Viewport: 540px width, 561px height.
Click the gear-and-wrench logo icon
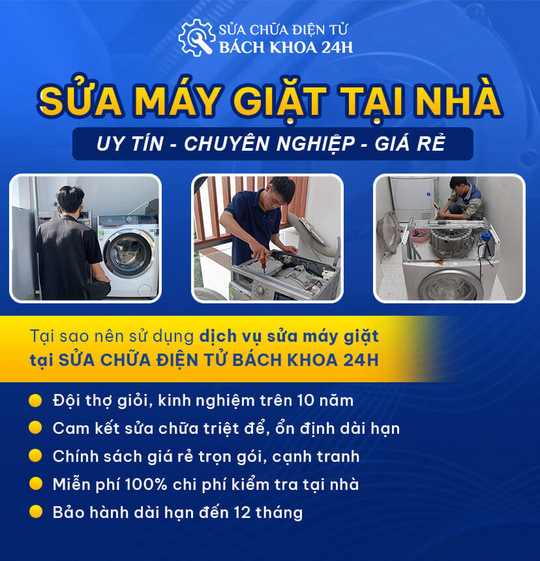click(196, 38)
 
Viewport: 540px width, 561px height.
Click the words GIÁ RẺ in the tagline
click(410, 144)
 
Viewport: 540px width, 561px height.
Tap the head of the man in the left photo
click(70, 200)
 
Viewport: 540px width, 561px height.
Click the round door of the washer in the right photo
click(450, 284)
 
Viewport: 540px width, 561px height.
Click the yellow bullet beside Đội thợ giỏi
click(36, 399)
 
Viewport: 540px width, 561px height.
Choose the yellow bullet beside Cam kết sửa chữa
click(36, 428)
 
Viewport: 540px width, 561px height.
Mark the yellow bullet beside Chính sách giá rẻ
click(36, 456)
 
